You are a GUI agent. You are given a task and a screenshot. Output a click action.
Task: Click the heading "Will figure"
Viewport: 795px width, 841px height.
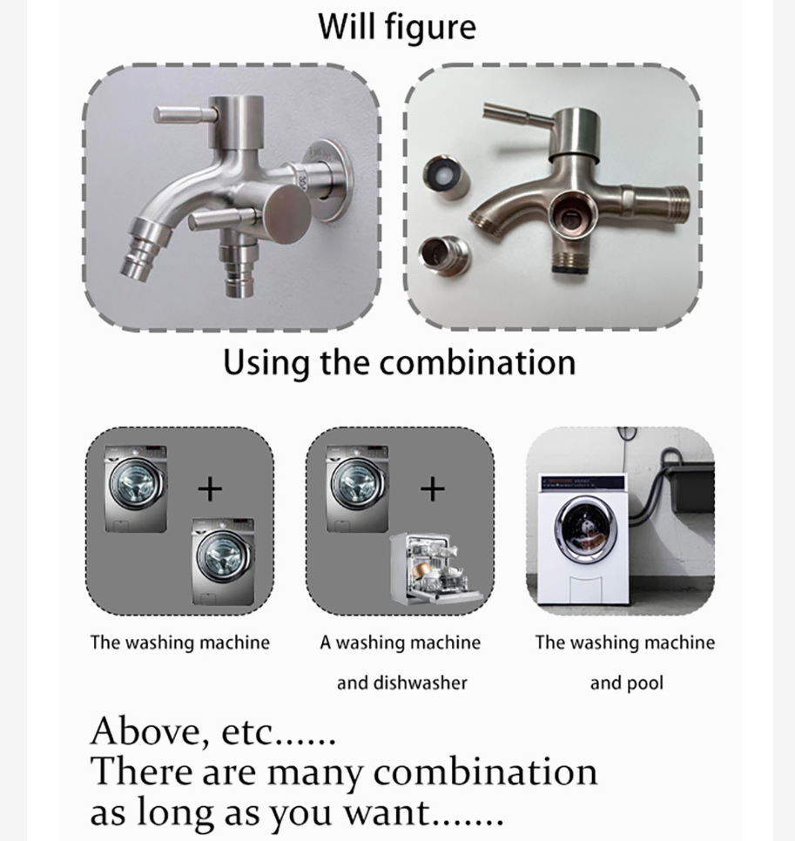pyautogui.click(x=397, y=26)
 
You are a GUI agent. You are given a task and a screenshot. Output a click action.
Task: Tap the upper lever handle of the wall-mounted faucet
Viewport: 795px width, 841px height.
pyautogui.click(x=183, y=114)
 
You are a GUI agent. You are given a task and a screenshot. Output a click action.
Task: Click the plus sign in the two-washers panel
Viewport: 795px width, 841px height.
pyautogui.click(x=210, y=489)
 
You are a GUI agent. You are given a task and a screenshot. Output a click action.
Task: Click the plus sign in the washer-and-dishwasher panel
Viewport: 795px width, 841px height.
pyautogui.click(x=432, y=489)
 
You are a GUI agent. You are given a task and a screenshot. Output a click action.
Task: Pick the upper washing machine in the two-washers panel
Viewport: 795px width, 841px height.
pyautogui.click(x=136, y=488)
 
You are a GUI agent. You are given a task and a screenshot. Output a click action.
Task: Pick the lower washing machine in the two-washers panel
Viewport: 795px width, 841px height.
pyautogui.click(x=224, y=562)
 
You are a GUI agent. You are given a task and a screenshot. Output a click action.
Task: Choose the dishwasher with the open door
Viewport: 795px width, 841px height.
pyautogui.click(x=435, y=569)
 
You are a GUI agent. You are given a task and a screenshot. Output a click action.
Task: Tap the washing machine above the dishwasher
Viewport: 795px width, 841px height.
pyautogui.click(x=357, y=488)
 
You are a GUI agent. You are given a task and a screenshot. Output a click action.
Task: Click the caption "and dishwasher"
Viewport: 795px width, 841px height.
pyautogui.click(x=402, y=683)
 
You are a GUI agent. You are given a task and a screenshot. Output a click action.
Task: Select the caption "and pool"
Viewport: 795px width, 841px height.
pyautogui.click(x=626, y=683)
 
